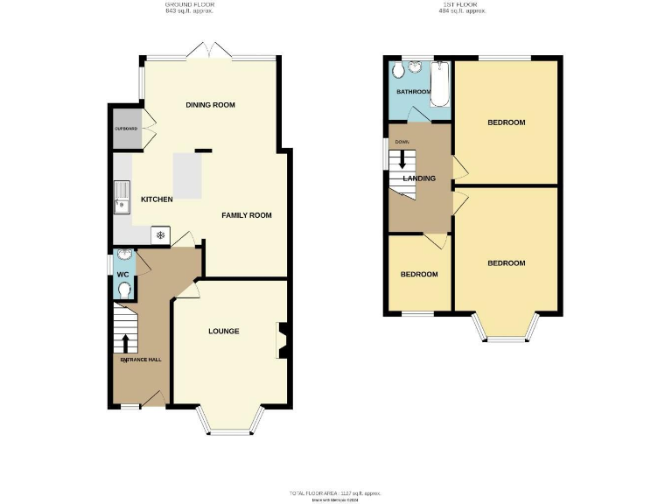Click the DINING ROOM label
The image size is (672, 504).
tap(211, 105)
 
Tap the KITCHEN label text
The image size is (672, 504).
tap(157, 199)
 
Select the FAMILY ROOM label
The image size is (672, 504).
tap(246, 215)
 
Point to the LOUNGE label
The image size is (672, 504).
tap(223, 332)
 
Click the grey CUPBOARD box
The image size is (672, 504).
tap(128, 129)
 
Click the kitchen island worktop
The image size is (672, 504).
tap(187, 175)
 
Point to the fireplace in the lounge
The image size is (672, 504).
tap(281, 341)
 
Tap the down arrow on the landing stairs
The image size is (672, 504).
tap(403, 159)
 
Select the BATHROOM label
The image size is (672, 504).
tap(413, 92)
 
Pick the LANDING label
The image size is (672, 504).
tap(419, 178)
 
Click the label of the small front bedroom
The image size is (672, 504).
tap(419, 275)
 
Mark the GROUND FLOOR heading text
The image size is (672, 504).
tap(190, 5)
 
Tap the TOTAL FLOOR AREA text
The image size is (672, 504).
tap(337, 493)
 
